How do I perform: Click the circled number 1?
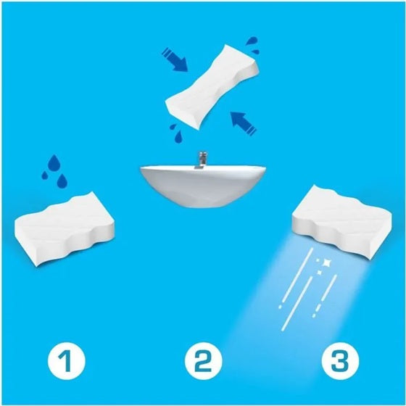pyautogui.click(x=66, y=361)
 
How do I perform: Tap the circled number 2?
pyautogui.click(x=203, y=361)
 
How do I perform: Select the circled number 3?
pyautogui.click(x=340, y=361)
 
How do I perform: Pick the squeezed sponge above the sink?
pyautogui.click(x=212, y=87)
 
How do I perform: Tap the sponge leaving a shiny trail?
pyautogui.click(x=341, y=222)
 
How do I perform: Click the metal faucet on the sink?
pyautogui.click(x=201, y=160)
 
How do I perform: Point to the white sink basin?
pyautogui.click(x=203, y=186)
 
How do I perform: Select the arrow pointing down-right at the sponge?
pyautogui.click(x=175, y=59)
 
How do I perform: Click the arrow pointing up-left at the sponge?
pyautogui.click(x=244, y=123)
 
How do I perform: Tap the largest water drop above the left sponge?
pyautogui.click(x=54, y=163)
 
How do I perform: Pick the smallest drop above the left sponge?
pyautogui.click(x=45, y=175)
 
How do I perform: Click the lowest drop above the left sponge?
pyautogui.click(x=62, y=181)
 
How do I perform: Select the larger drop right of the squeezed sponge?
pyautogui.click(x=252, y=41)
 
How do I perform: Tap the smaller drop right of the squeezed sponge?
pyautogui.click(x=256, y=51)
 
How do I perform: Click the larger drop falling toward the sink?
pyautogui.click(x=178, y=137)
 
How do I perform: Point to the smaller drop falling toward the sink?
pyautogui.click(x=173, y=127)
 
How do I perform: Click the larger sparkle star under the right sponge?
pyautogui.click(x=326, y=262)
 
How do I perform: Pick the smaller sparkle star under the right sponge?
pyautogui.click(x=320, y=273)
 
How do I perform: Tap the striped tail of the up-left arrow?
pyautogui.click(x=250, y=130)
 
